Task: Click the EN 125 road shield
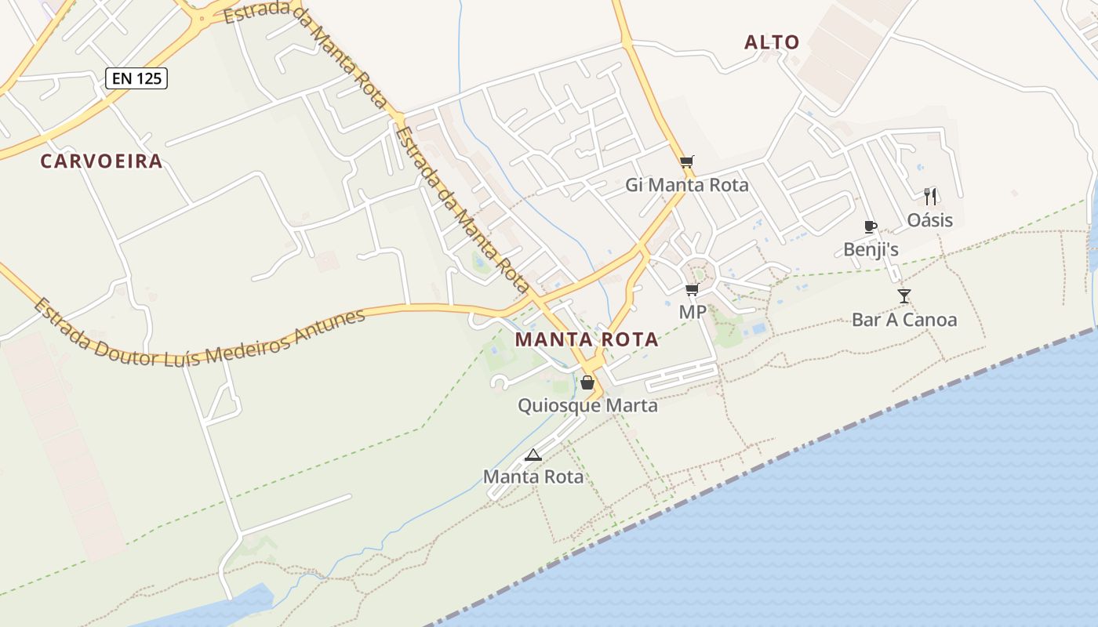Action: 136,78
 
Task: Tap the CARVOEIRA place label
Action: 101,161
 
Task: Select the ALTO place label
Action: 772,42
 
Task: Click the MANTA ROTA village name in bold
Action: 587,340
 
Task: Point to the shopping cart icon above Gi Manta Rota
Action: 687,162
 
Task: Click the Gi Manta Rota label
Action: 687,186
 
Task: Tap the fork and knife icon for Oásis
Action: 930,196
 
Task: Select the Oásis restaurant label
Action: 930,220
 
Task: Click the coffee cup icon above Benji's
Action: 870,227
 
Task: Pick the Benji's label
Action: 871,250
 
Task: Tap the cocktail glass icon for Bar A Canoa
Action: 904,296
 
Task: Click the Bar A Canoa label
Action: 904,320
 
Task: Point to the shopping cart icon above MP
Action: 692,290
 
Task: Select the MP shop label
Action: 693,313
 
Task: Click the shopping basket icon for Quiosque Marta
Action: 587,382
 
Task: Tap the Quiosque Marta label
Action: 587,406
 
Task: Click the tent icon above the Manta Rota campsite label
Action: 533,454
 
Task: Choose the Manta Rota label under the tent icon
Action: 533,477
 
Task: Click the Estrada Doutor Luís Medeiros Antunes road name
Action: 200,337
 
